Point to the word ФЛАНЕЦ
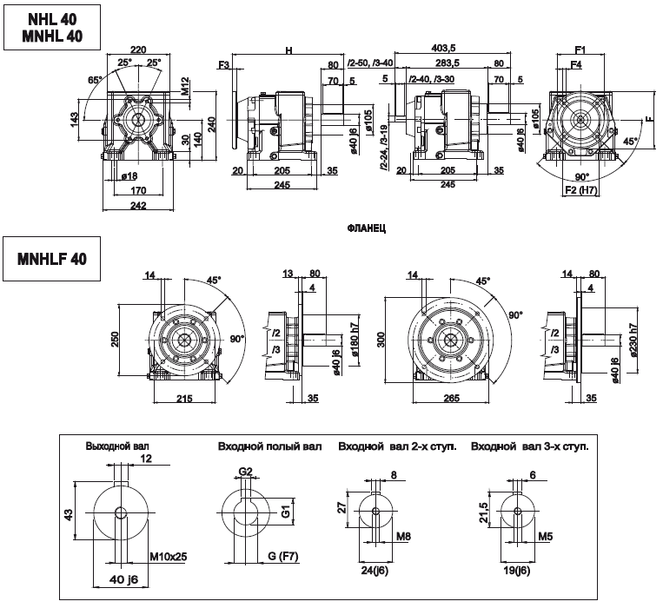coord(365,228)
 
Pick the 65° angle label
coord(94,79)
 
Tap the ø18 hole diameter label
coord(132,176)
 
